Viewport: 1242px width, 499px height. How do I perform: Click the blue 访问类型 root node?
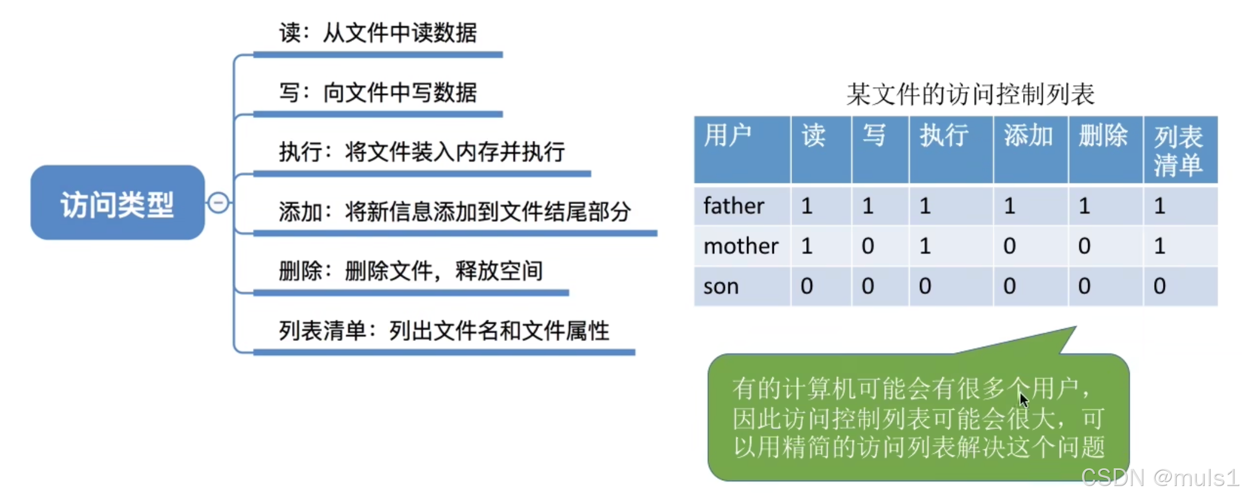(117, 202)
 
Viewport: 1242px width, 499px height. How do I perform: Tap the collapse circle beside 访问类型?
(218, 203)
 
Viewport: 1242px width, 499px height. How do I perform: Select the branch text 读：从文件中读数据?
(378, 33)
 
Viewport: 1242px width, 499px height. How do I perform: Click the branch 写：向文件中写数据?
(378, 93)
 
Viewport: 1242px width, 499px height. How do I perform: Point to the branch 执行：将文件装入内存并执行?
(422, 152)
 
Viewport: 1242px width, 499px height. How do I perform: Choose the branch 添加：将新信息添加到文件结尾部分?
(455, 212)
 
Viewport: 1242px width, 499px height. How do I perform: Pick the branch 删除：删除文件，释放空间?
(411, 271)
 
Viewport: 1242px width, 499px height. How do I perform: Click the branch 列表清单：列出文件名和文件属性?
(444, 331)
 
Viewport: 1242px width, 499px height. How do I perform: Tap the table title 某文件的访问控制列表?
(970, 94)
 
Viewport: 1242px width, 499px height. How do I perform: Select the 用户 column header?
(728, 135)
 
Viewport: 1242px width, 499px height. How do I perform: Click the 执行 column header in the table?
(944, 135)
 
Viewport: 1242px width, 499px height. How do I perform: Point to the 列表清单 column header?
(1178, 151)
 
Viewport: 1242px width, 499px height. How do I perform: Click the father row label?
(734, 206)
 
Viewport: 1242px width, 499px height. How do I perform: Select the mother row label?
(741, 246)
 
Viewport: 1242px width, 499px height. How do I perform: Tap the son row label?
(721, 286)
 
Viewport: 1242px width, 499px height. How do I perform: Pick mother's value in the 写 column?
(868, 246)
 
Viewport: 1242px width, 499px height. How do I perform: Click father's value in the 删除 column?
(1084, 206)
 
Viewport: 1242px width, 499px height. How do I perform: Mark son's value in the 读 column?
(807, 286)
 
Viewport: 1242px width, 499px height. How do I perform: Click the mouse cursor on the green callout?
(1024, 400)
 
